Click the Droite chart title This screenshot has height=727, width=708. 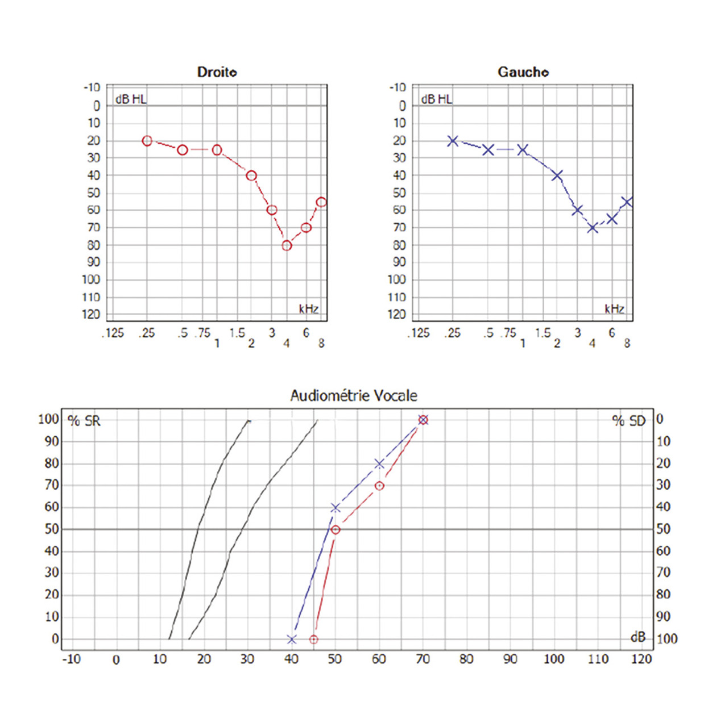click(217, 72)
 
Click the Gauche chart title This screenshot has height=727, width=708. click(523, 72)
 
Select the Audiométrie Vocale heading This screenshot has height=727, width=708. click(354, 396)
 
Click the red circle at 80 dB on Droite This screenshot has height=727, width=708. click(287, 245)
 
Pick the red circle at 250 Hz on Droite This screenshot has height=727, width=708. click(147, 141)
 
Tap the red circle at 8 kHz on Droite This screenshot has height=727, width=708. click(321, 202)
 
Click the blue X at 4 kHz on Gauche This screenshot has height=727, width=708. click(593, 228)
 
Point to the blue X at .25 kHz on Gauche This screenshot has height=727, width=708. click(453, 141)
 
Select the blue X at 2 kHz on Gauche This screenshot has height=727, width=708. click(557, 176)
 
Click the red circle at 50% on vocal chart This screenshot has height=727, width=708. click(336, 529)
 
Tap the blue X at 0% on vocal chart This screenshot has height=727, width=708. click(292, 640)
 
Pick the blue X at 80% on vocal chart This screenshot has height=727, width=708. click(379, 464)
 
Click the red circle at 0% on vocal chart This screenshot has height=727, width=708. click(313, 640)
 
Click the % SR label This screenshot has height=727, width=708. click(84, 421)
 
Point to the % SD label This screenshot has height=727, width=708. click(629, 421)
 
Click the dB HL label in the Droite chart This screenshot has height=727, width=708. click(131, 99)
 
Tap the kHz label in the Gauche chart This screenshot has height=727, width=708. click(614, 309)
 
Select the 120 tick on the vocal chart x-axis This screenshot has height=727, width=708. click(641, 659)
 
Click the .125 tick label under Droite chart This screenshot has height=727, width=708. click(113, 333)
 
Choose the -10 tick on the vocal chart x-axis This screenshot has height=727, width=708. click(71, 659)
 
